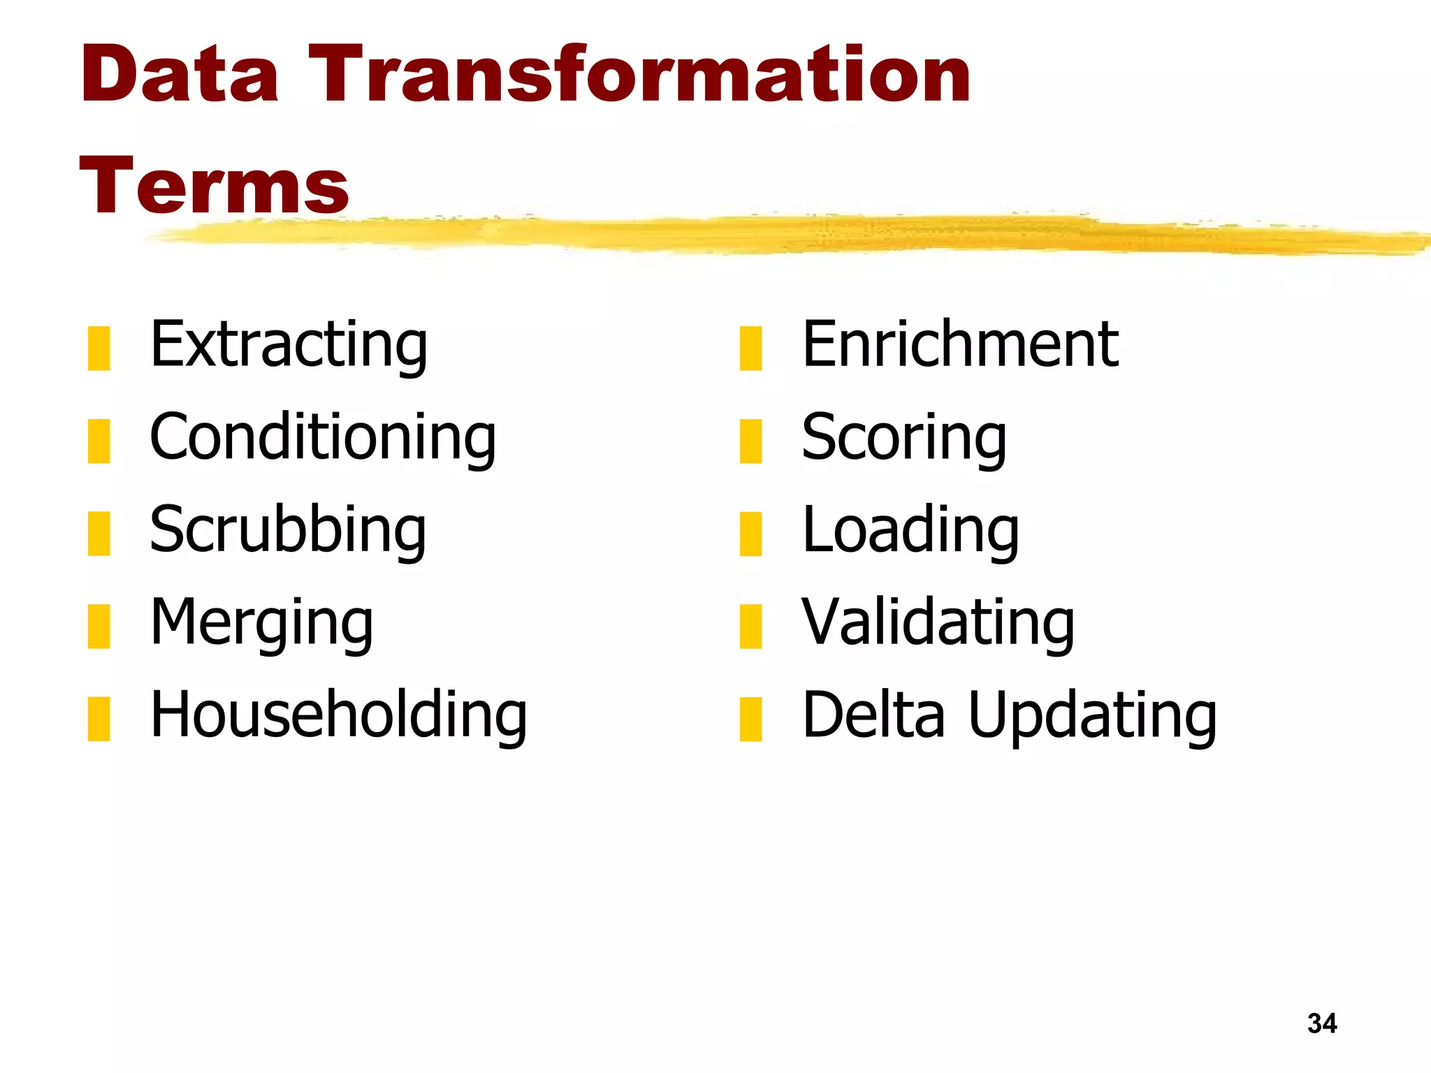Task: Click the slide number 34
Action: pos(1322,1023)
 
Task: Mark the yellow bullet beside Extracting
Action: pos(99,348)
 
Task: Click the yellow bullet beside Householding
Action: pos(99,718)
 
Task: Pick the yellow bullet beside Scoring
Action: pos(750,441)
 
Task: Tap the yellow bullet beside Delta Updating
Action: pos(750,718)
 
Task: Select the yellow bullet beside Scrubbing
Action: pos(99,533)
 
